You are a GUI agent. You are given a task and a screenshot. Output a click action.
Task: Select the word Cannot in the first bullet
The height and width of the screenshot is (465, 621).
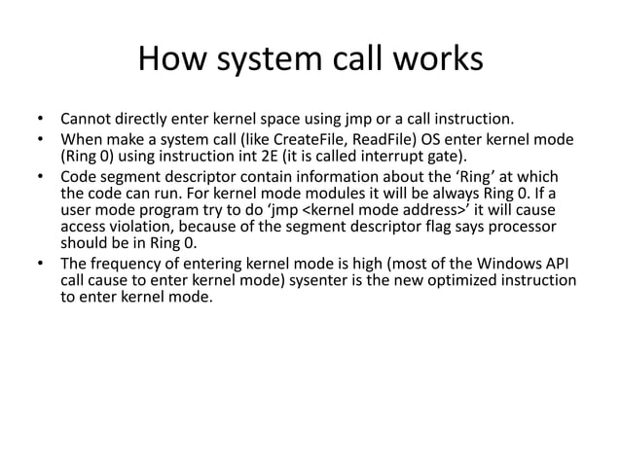click(x=88, y=121)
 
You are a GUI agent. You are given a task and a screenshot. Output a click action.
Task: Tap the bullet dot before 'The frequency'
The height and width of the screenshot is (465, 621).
click(x=41, y=266)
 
